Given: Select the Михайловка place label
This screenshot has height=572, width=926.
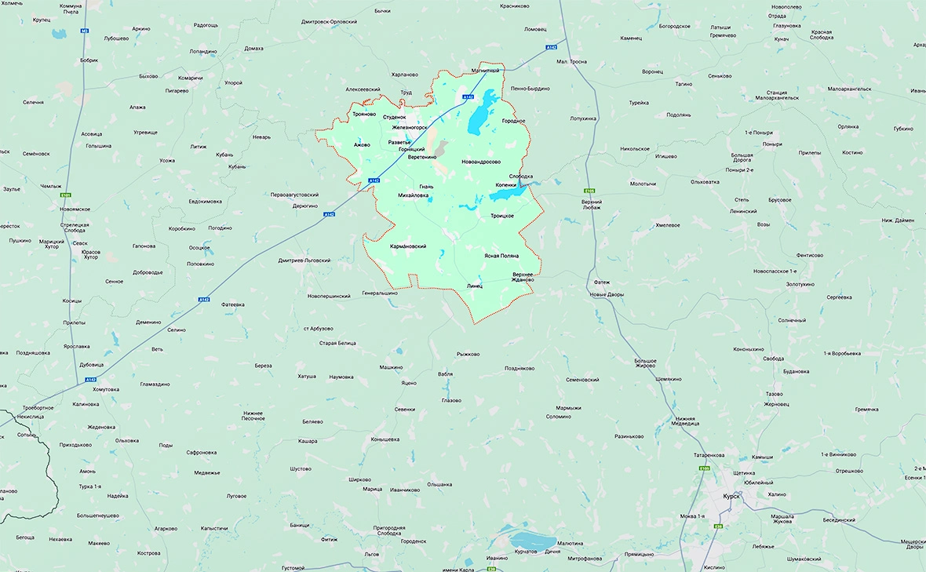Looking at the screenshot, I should pyautogui.click(x=414, y=195).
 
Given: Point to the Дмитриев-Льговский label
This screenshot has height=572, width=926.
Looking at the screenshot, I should pyautogui.click(x=304, y=260).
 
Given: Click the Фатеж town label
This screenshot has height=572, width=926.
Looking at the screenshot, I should pyautogui.click(x=602, y=282).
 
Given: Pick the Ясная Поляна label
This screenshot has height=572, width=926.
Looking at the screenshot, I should pyautogui.click(x=501, y=257).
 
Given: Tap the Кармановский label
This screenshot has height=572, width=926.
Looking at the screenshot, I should pyautogui.click(x=408, y=246).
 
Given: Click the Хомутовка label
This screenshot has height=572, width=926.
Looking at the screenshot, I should pyautogui.click(x=105, y=389).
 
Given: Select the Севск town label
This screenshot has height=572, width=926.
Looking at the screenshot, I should pyautogui.click(x=80, y=243).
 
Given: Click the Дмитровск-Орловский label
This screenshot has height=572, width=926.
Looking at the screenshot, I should pyautogui.click(x=329, y=22).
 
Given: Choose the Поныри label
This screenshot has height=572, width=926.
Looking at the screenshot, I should pyautogui.click(x=772, y=144).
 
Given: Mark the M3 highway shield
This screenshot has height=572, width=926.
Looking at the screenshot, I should pyautogui.click(x=85, y=31).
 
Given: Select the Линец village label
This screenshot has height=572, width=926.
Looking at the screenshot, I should pyautogui.click(x=474, y=286).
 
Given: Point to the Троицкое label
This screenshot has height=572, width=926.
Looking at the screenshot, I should pyautogui.click(x=501, y=216).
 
